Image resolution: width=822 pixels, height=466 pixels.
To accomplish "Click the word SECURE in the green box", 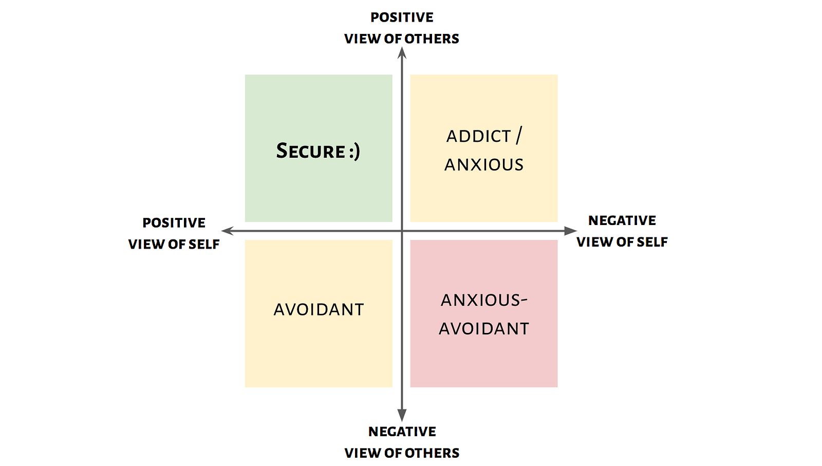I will [311, 151].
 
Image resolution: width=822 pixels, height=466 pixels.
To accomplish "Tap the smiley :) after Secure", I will [354, 152].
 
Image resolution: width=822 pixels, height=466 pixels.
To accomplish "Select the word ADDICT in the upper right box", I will [478, 137].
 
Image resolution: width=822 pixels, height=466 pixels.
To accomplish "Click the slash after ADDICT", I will [519, 136].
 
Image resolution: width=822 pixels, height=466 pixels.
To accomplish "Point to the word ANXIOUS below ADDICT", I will [484, 165].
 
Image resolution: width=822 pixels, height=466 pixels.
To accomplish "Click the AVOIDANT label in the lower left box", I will [319, 310].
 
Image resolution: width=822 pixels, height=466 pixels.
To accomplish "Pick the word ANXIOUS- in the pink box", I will [484, 300].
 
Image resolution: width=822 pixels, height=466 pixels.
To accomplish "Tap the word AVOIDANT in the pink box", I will [484, 329].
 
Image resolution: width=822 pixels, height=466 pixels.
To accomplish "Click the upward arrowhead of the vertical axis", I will [402, 52].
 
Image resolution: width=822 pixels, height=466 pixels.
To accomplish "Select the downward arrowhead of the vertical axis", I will [402, 415].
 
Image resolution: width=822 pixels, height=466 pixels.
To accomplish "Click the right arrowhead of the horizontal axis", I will [570, 231].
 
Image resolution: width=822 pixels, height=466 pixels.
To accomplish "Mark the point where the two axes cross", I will [402, 231].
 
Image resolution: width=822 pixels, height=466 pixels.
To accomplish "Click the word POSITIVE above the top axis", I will [402, 17].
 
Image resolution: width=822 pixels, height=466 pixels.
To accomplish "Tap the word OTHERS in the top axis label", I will [432, 39].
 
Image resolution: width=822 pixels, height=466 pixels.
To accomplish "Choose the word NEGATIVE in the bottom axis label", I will [402, 432].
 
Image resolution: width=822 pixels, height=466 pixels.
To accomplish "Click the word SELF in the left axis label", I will [204, 245].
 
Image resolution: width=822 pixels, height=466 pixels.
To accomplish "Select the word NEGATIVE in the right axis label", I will [622, 220].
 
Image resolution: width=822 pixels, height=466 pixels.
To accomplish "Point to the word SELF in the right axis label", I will [652, 242].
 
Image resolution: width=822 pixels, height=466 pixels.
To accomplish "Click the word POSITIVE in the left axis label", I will [174, 223].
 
